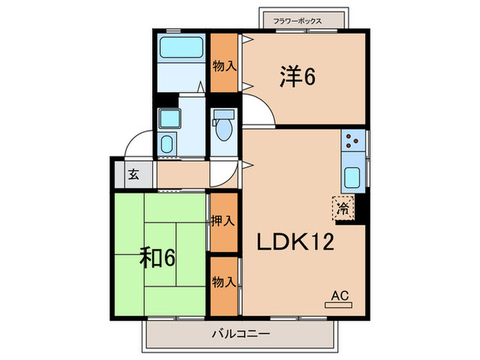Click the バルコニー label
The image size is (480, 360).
240,334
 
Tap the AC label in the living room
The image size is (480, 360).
340,296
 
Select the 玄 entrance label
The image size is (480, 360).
133,174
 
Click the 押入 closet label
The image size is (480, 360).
223,221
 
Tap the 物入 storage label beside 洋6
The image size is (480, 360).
223,67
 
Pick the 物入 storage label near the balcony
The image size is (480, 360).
223,282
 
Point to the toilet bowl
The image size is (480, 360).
223,128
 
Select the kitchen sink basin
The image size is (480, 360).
353,178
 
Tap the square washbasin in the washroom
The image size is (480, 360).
167,118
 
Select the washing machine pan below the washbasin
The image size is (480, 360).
167,145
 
